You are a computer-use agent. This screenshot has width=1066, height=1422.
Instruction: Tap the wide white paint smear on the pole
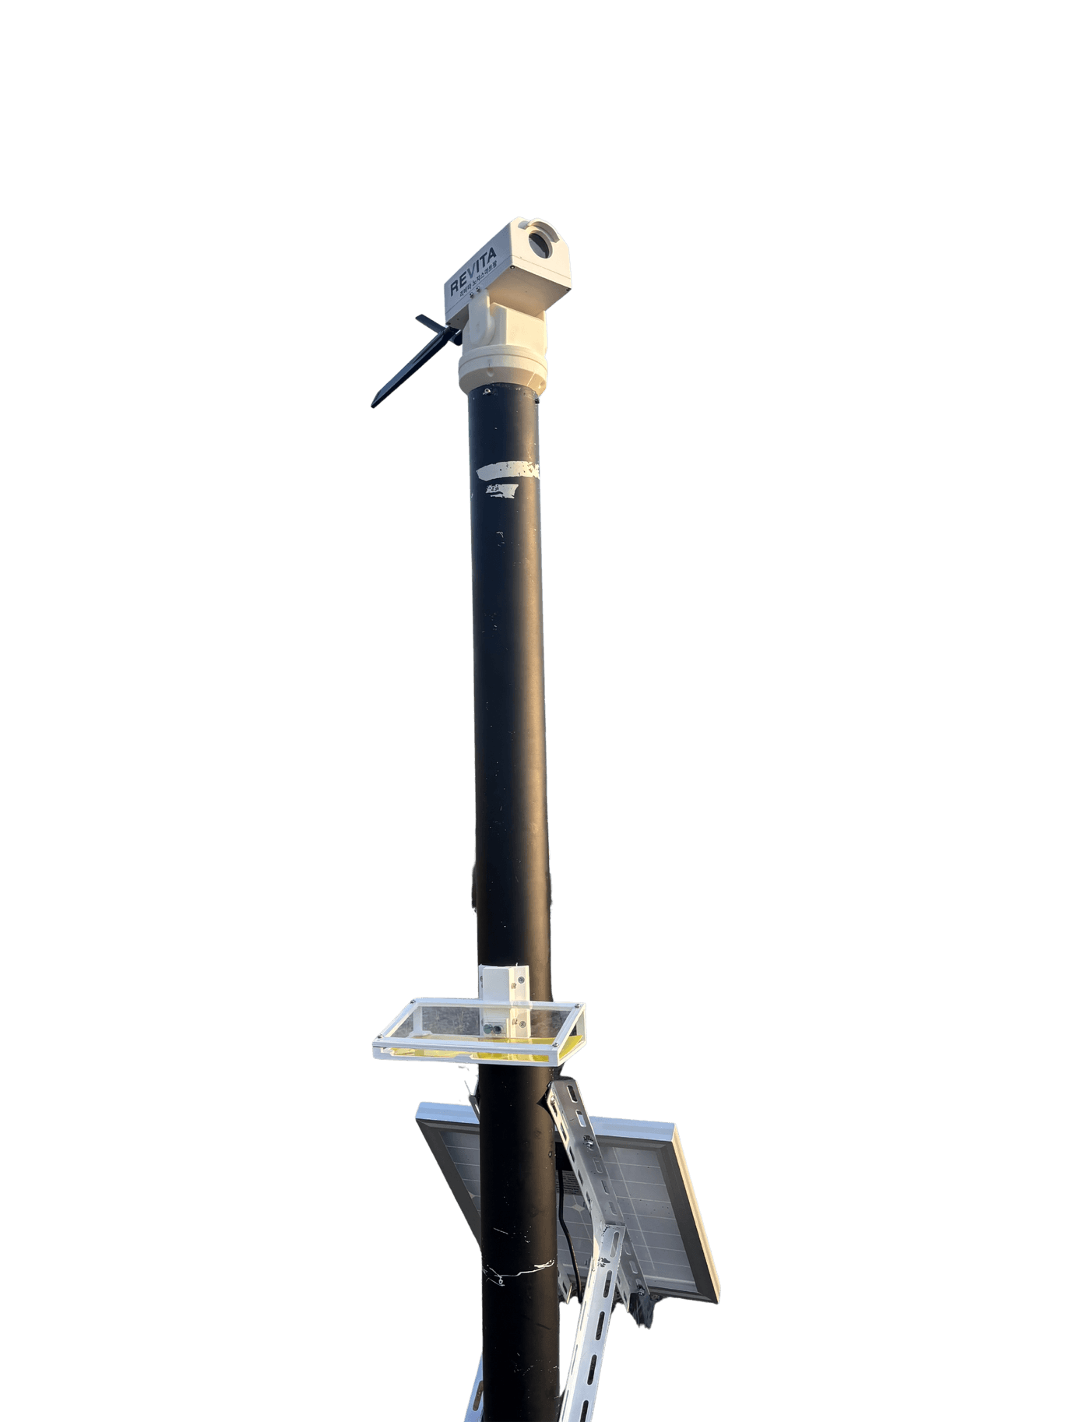point(506,469)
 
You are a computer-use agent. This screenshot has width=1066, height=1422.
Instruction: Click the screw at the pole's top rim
point(485,390)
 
